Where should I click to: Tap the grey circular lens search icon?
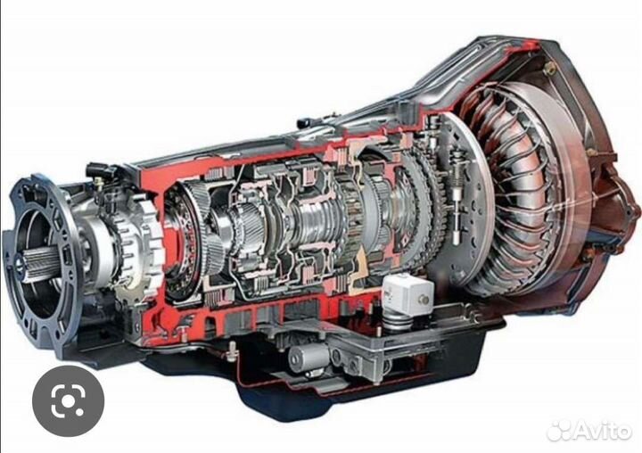[x=68, y=401]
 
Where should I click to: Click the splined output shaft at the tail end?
[x=40, y=262]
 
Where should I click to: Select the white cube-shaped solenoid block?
[x=407, y=293]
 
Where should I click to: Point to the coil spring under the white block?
[x=396, y=319]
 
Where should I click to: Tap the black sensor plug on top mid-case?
[x=307, y=123]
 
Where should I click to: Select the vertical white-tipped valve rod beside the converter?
[x=457, y=196]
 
